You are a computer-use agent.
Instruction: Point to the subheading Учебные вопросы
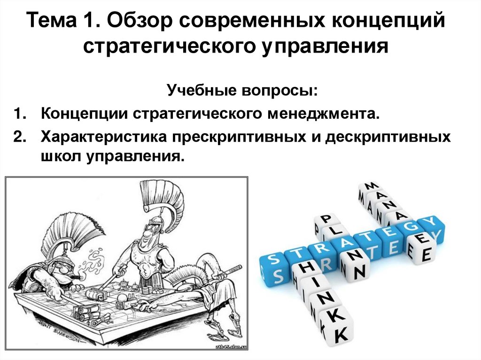click(x=242, y=91)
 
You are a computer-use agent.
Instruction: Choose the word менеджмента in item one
click(x=324, y=114)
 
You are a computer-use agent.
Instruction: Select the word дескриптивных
click(x=388, y=137)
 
